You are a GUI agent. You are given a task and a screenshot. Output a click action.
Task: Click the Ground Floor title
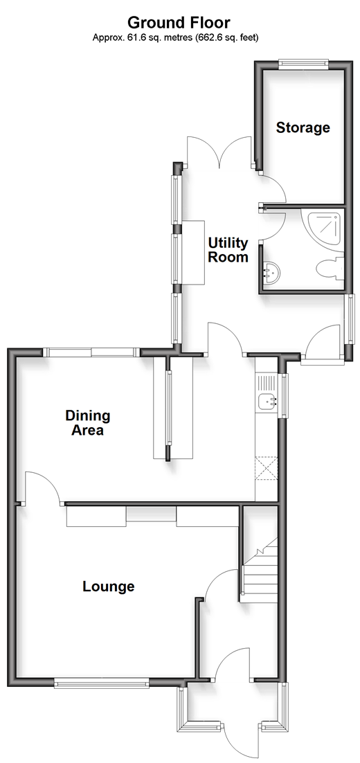coord(179,22)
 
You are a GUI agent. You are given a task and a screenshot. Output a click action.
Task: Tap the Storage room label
coord(303,128)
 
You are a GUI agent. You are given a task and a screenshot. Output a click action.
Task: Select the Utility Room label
coord(228,250)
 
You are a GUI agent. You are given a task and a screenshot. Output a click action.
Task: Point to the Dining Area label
coord(88,423)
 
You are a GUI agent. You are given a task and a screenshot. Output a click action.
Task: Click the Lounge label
coord(109,586)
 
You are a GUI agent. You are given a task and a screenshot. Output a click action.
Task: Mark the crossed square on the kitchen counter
coord(267,468)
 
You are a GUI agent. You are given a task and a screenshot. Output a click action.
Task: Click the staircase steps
coord(260,570)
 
